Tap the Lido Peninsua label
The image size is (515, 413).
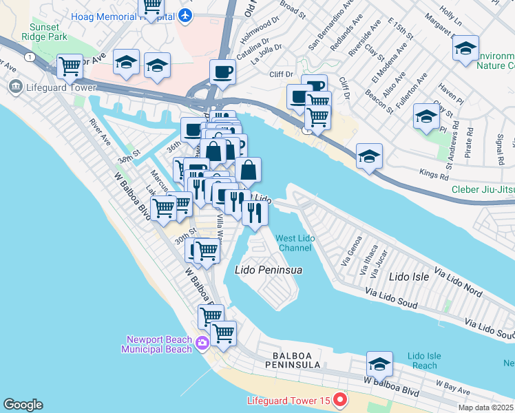tap(269, 271)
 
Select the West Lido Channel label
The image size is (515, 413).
tap(295, 242)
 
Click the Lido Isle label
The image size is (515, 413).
tap(409, 277)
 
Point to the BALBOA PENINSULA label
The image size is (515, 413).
tap(296, 363)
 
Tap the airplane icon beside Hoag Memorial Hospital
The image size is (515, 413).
tap(185, 14)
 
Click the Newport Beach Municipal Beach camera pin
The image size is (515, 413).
tap(202, 343)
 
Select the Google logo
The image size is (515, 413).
tap(22, 405)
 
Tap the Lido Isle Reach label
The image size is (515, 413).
tap(423, 361)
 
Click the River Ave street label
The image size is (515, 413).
tap(100, 131)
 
